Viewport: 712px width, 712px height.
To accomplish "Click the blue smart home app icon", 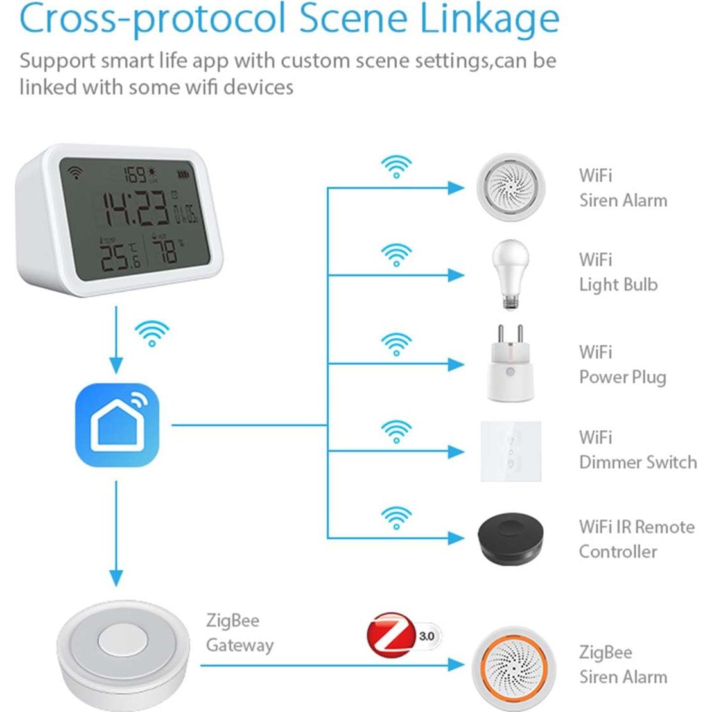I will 117,425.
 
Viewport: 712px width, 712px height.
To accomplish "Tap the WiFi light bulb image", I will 510,275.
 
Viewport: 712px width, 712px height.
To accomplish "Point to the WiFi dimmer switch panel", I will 510,451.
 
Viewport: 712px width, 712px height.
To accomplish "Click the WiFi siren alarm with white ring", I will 510,187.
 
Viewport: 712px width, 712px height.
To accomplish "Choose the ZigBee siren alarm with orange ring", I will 510,665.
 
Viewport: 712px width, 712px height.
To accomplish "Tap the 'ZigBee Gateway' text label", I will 239,633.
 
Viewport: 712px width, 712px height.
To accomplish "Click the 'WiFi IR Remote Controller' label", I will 636,539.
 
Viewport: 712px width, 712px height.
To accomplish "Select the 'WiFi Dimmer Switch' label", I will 637,449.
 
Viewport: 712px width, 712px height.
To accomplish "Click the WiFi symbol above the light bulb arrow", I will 396,254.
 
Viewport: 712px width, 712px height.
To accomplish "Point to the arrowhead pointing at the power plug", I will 456,364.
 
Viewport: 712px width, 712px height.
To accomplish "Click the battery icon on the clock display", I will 185,173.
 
